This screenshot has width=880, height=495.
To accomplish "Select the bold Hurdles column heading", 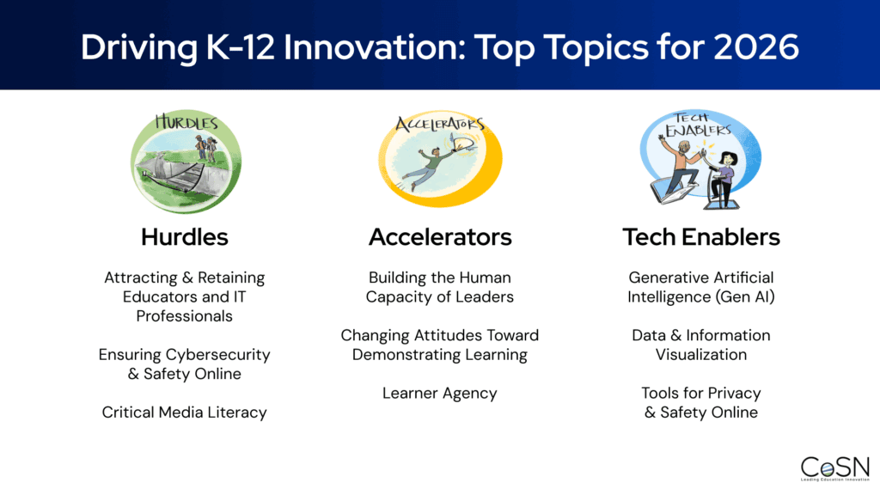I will pos(184,237).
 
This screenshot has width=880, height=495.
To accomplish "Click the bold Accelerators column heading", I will pos(440,237).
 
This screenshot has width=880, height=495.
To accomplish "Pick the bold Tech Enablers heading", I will pos(701,237).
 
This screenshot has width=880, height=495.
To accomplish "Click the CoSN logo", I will pos(834,468).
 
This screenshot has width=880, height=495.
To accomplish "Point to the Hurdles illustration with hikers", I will pos(186,163).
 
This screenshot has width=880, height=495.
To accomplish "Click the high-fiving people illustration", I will pos(700,163).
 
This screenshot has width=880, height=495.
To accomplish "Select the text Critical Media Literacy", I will pos(184,412).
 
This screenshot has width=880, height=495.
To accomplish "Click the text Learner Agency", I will pos(440,393).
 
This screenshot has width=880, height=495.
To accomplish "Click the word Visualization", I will pos(701,354).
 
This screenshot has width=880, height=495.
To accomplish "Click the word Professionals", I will pos(185,315).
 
